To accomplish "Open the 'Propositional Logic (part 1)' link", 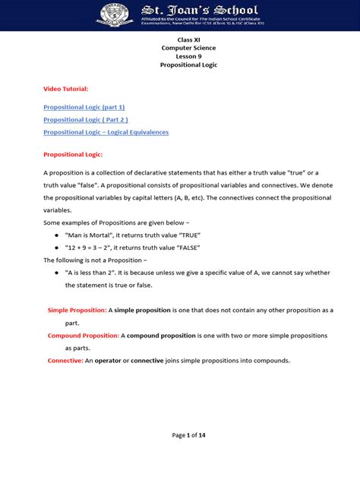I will (x=84, y=107).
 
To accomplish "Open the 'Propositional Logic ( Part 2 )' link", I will (x=85, y=119).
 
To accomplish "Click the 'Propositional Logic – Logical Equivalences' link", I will (x=106, y=131).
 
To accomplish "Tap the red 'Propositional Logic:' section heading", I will (x=73, y=154).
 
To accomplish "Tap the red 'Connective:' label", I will (x=65, y=360).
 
